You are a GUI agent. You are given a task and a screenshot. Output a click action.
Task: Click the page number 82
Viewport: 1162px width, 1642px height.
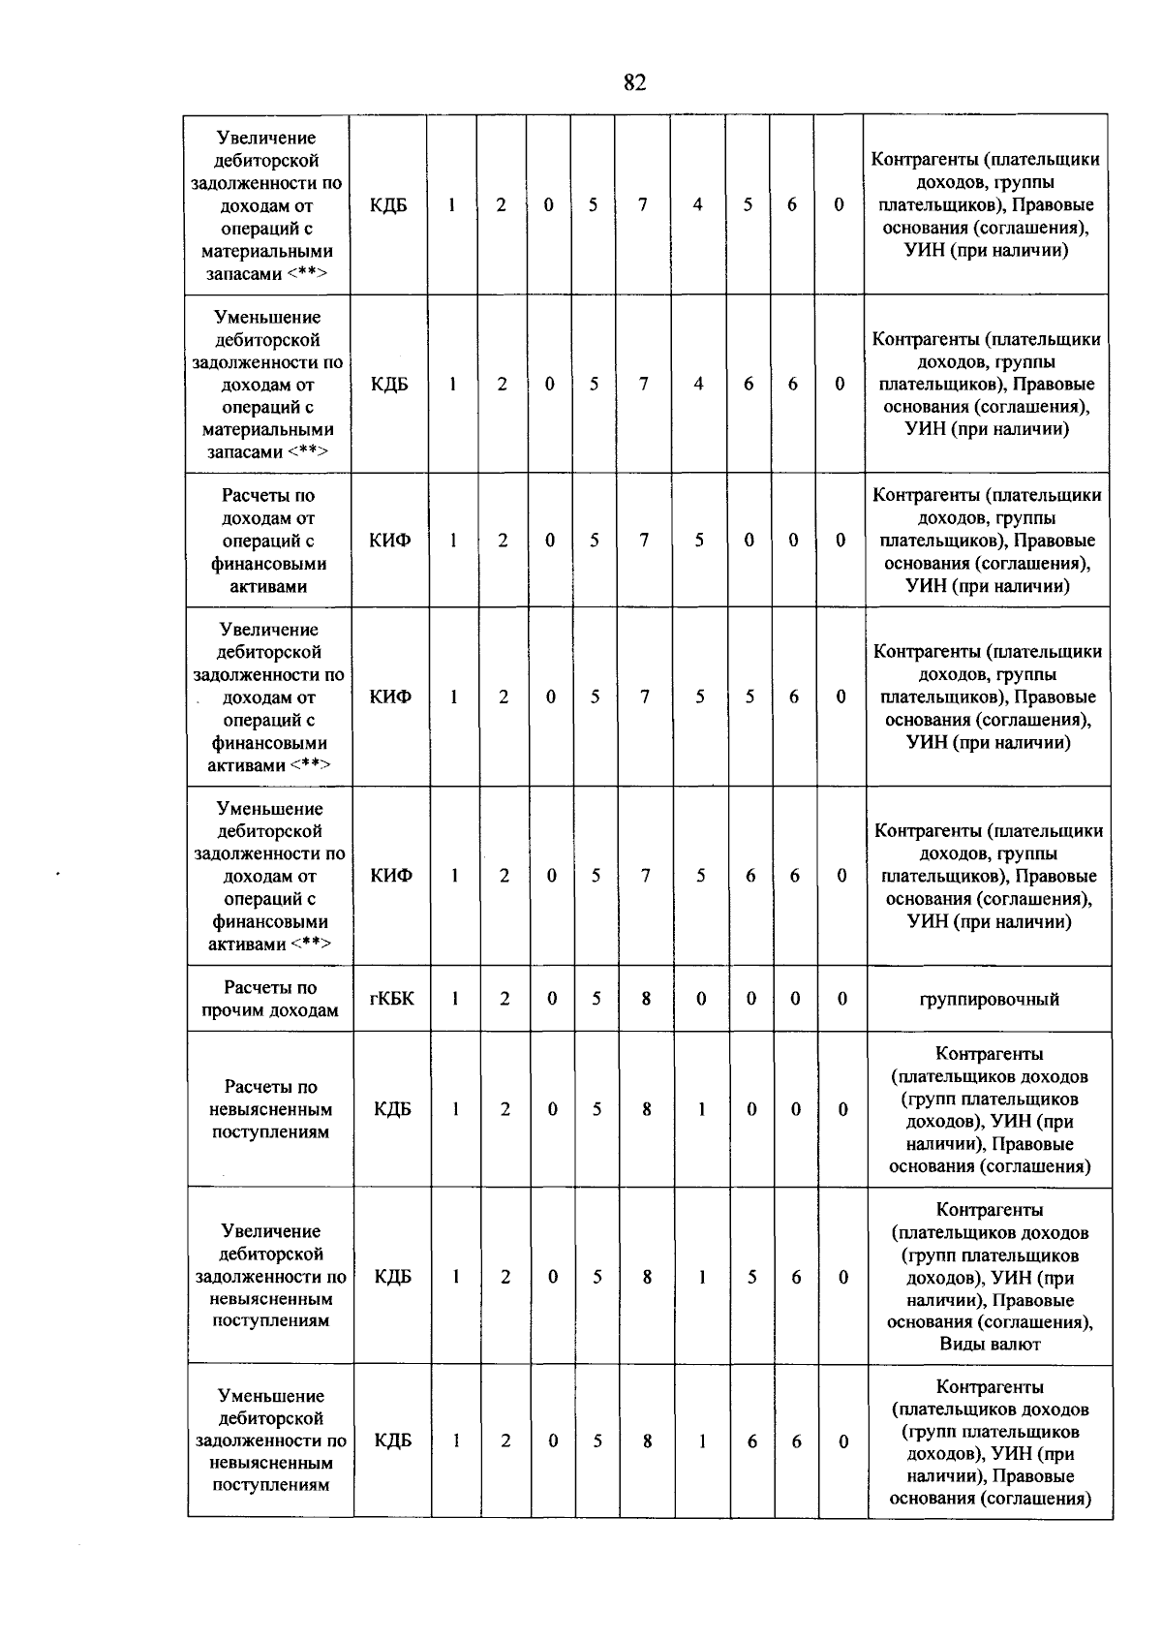point(634,82)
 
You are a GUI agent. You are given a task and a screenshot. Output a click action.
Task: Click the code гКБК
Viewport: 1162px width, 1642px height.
point(391,998)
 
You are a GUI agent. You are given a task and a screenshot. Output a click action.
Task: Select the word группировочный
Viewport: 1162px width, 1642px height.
point(989,999)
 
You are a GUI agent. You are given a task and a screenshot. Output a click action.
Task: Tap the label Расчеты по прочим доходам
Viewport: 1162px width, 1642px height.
point(270,999)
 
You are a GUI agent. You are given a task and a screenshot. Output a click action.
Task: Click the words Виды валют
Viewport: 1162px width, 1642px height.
point(990,1344)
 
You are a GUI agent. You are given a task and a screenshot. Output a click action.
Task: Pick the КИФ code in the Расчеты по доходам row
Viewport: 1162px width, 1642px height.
point(389,540)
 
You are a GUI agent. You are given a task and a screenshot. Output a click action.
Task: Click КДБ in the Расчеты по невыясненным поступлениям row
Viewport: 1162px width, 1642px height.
point(392,1109)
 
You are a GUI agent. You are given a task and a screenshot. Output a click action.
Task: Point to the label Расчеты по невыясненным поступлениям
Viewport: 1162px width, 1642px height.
point(270,1109)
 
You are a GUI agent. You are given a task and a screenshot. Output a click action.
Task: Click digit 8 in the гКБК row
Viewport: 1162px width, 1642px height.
point(646,998)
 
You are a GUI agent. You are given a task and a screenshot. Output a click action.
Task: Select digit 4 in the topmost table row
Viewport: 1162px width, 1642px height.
point(697,204)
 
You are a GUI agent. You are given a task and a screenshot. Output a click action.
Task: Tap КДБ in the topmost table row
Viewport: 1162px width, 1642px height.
point(388,204)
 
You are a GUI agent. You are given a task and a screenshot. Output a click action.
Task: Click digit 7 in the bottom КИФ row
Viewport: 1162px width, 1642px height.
point(646,876)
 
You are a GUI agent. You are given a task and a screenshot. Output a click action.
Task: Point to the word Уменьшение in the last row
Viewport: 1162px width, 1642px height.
point(270,1396)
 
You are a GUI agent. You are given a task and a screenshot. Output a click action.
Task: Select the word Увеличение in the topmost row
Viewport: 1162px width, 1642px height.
point(266,138)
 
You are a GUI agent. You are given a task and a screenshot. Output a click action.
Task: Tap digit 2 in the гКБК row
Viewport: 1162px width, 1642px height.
point(505,998)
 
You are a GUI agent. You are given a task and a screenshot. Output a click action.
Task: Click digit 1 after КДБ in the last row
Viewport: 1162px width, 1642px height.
point(455,1441)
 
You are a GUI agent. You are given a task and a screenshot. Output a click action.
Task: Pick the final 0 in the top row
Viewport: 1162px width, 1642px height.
point(839,204)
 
